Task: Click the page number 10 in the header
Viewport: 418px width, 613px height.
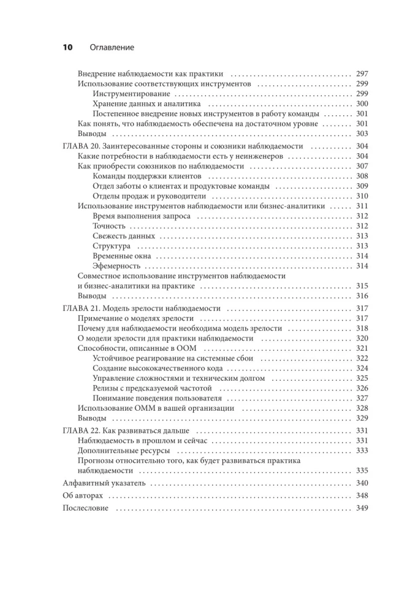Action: coord(68,47)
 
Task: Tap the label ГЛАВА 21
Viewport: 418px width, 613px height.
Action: coord(80,308)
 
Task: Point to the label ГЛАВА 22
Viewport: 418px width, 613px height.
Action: coord(80,430)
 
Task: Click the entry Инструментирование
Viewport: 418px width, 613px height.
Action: coord(131,93)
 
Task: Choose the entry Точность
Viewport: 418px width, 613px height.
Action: coord(108,226)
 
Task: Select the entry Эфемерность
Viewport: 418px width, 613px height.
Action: coord(116,266)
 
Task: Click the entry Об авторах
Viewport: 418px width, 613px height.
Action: coord(84,495)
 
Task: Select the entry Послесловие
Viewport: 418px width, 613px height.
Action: coord(86,508)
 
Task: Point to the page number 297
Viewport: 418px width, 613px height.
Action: coord(362,74)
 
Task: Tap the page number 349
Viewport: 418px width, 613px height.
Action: coord(362,508)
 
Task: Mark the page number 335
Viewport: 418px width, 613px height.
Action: coord(362,471)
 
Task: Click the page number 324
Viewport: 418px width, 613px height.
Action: coord(362,368)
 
